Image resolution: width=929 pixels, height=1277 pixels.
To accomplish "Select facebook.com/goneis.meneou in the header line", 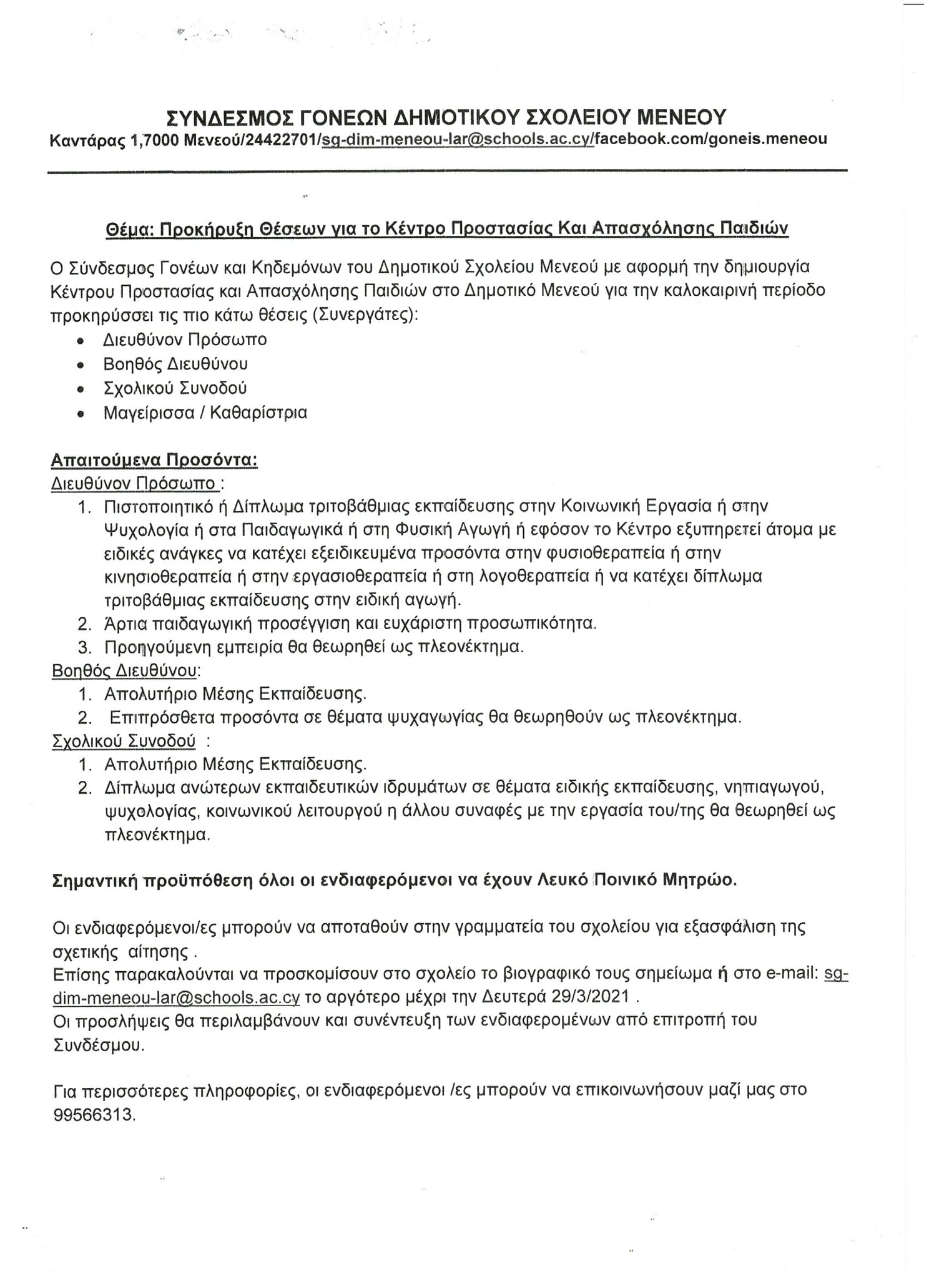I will pos(710,139).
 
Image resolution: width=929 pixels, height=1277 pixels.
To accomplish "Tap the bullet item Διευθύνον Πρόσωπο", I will pos(185,340).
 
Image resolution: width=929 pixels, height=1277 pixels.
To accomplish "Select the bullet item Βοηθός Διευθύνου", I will pos(175,364).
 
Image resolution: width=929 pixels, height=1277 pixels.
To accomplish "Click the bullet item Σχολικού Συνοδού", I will pos(175,388).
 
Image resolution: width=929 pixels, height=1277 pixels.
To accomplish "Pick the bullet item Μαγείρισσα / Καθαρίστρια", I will pos(205,413).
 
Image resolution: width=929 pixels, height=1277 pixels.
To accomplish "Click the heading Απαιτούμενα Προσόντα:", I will pos(154,460).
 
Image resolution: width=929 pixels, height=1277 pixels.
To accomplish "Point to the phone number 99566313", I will pos(94,1114).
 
